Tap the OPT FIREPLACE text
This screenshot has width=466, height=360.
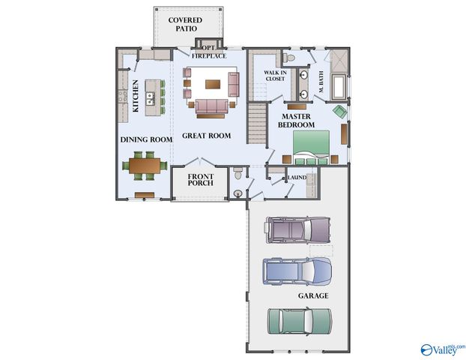208,52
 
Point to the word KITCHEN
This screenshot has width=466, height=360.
136,96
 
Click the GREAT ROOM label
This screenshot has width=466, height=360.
207,136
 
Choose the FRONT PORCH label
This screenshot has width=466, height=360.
200,180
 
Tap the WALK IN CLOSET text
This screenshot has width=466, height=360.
273,75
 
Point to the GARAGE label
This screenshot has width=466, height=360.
313,296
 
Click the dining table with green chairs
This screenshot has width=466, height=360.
146,166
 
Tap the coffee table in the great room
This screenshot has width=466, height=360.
214,83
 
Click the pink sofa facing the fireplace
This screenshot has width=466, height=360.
212,106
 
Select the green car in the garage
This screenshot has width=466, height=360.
300,320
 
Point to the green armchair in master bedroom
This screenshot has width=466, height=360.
340,112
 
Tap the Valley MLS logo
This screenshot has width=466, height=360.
442,349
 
